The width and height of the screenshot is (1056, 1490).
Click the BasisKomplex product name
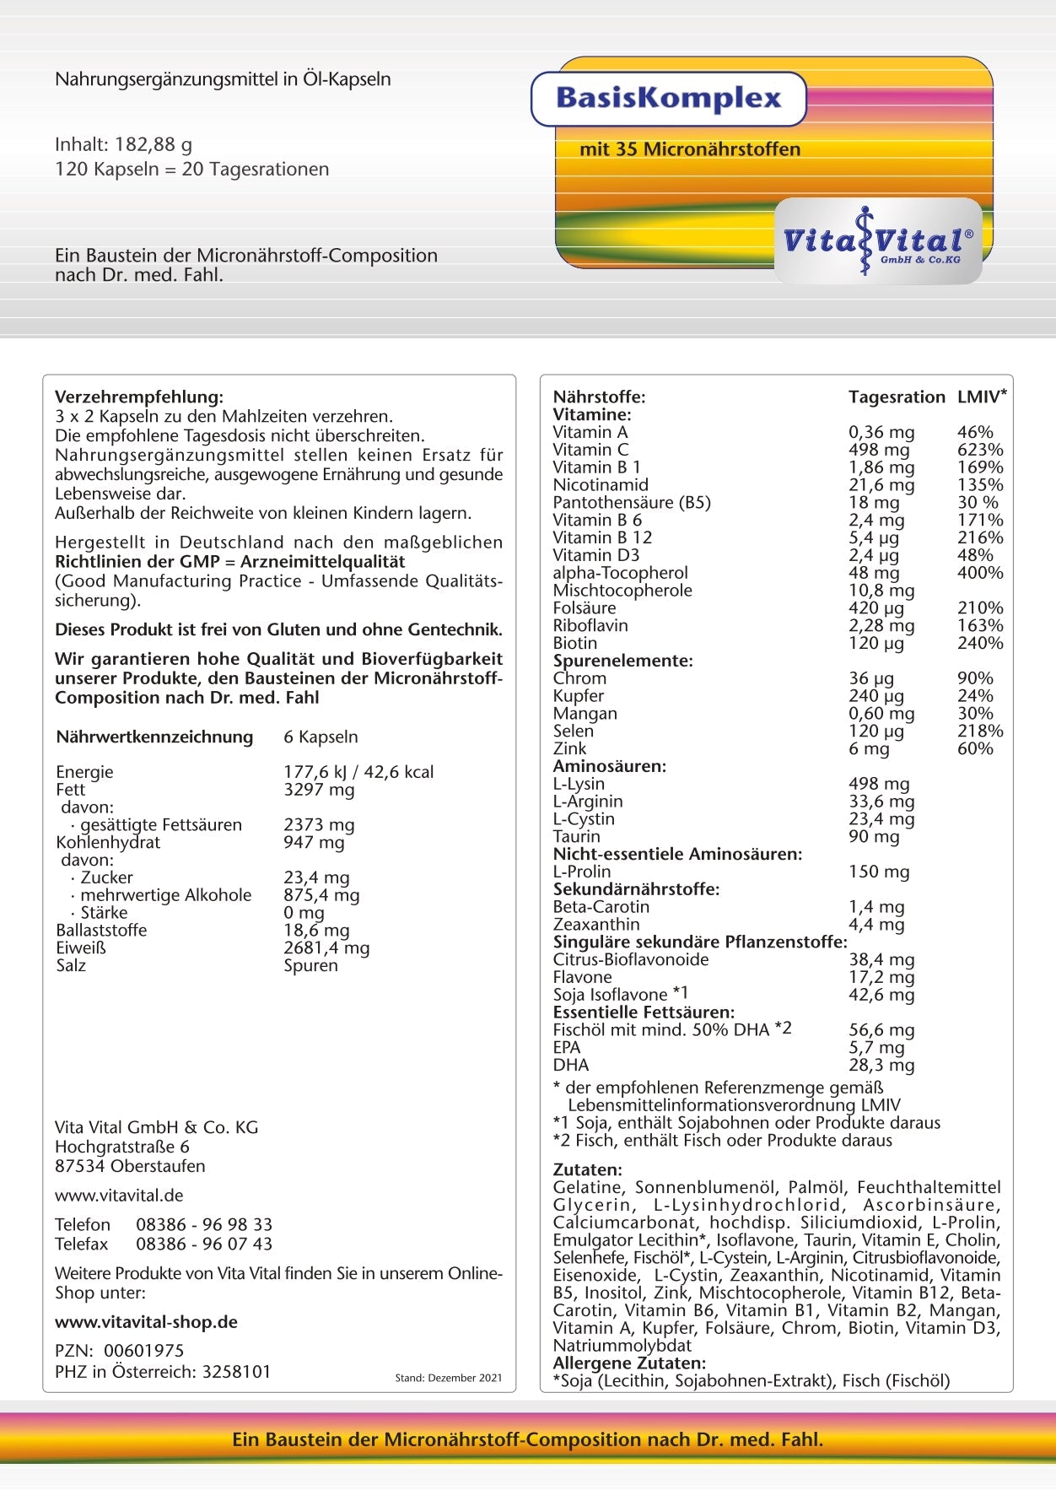[x=669, y=99]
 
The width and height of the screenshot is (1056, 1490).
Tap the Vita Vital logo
[x=877, y=241]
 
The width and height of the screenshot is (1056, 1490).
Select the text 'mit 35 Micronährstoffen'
[x=689, y=149]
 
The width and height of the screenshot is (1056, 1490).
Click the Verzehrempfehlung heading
[x=139, y=397]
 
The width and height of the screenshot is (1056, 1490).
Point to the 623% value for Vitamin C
[x=980, y=450]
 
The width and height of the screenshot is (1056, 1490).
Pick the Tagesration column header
[x=897, y=397]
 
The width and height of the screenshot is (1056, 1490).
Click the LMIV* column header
[x=982, y=397]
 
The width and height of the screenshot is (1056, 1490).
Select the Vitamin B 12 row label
[x=602, y=537]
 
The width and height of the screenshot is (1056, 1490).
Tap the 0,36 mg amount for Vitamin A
[x=881, y=432]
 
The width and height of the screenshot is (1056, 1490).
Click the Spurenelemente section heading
[x=622, y=661]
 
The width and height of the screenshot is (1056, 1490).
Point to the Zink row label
[x=569, y=748]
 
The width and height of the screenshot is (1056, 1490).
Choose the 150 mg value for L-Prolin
[x=879, y=872]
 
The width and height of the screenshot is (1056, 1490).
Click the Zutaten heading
[x=587, y=1169]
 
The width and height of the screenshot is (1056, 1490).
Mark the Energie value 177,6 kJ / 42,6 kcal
[x=358, y=772]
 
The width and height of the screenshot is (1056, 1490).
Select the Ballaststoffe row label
[x=101, y=930]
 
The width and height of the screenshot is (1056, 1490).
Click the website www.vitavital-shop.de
[x=146, y=1322]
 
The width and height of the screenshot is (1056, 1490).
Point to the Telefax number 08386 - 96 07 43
[x=204, y=1244]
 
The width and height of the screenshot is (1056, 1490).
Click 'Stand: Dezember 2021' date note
[x=448, y=1378]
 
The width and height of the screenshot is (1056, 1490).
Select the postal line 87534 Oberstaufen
[x=130, y=1166]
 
